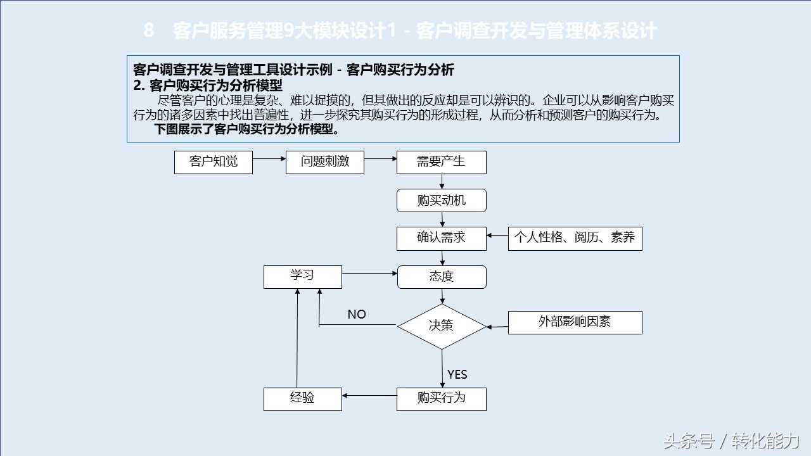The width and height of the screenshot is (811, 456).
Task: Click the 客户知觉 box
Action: [x=214, y=163]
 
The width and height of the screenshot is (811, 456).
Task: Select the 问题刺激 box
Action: [x=325, y=163]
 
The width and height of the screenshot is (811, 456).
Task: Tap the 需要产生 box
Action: [x=442, y=163]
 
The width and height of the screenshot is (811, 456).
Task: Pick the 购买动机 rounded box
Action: [x=442, y=201]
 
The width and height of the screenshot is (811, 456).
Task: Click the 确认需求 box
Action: [x=442, y=239]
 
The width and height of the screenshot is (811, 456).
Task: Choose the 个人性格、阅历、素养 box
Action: [x=575, y=239]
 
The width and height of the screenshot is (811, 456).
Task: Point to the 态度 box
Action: [x=442, y=277]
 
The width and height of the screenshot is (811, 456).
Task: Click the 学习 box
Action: [x=303, y=277]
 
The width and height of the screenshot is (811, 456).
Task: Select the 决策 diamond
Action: [x=442, y=326]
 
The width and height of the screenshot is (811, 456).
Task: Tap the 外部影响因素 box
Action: [x=575, y=322]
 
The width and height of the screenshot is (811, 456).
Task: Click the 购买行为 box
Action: [x=442, y=399]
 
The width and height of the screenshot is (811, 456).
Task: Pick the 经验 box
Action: [x=303, y=399]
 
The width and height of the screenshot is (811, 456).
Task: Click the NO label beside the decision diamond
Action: [x=357, y=314]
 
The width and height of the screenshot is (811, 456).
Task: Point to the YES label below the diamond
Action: [x=457, y=374]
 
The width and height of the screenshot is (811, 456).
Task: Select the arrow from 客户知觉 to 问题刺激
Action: [x=269, y=158]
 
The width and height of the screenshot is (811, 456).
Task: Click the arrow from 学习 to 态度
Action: [x=369, y=273]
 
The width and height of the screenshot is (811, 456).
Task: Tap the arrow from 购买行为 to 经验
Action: [x=369, y=396]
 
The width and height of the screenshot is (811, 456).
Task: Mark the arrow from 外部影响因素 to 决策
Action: [x=497, y=327]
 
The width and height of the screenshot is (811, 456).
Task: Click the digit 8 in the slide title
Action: [x=149, y=30]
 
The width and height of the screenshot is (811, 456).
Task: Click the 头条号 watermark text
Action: [x=689, y=441]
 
